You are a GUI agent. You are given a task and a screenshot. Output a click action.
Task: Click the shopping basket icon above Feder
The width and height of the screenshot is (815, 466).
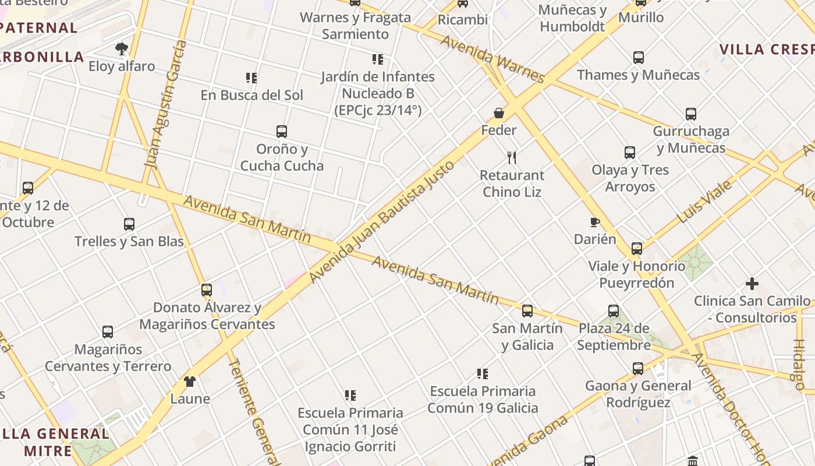(499, 112)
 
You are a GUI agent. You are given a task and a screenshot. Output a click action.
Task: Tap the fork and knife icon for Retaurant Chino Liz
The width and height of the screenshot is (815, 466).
(512, 157)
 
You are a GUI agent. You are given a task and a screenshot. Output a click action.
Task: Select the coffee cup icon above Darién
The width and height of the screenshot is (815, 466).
(594, 222)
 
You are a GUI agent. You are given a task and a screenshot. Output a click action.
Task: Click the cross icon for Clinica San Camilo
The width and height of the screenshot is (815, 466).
(752, 284)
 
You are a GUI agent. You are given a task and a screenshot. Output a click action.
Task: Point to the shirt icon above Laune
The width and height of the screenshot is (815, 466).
(190, 382)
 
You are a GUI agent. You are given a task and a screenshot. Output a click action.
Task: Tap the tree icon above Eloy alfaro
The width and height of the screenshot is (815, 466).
(122, 48)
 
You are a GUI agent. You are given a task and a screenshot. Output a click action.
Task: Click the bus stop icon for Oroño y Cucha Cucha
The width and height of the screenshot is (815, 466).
(282, 132)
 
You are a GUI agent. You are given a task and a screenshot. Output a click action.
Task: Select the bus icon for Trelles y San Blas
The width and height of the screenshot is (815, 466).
(129, 224)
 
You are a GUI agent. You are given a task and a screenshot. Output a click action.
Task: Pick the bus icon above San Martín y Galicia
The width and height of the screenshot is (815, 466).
(527, 311)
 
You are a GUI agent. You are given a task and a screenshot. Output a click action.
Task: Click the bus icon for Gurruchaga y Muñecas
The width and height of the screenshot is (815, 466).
(691, 114)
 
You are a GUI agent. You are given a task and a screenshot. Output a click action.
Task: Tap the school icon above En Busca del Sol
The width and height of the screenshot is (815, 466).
(251, 77)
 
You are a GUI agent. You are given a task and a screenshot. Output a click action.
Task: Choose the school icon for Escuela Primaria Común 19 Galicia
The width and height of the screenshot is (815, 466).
(483, 373)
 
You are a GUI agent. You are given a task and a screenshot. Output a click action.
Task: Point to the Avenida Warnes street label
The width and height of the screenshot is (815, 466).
(492, 59)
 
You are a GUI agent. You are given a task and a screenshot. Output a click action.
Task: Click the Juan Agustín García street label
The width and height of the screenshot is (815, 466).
(166, 105)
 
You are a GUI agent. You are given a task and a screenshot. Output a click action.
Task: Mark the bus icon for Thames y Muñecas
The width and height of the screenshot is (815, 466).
(639, 58)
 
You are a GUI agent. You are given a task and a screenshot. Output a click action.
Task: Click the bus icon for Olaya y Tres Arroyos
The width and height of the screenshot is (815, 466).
(630, 153)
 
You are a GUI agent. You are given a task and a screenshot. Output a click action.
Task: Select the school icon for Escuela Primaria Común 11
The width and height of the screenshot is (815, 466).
(350, 396)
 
